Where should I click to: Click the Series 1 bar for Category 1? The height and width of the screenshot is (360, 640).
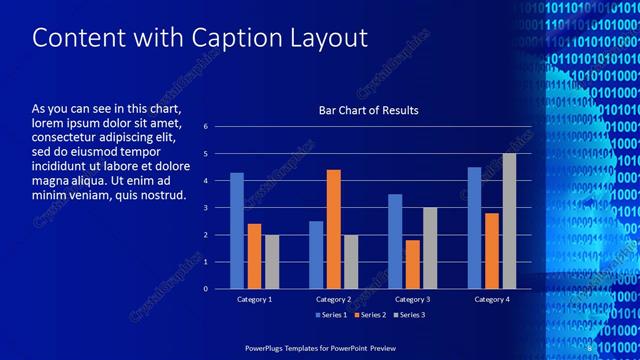point(237,231)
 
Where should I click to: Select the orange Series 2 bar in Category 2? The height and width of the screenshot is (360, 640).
point(333,229)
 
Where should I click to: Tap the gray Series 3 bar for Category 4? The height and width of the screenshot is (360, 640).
point(509,221)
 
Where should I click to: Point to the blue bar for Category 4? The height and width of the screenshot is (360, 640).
point(474,228)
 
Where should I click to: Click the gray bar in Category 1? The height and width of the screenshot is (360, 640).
point(272,262)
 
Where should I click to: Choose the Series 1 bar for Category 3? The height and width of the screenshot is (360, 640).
point(395,241)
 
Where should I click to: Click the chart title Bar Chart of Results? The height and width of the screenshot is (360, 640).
point(368,110)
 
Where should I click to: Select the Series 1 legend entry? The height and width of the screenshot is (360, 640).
point(331,315)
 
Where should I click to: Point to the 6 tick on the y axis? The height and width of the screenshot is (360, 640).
point(205,127)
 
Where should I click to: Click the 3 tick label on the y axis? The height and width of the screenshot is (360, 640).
point(205,208)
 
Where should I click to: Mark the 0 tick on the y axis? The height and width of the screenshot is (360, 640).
point(205,289)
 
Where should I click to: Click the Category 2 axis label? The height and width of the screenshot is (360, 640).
point(333,299)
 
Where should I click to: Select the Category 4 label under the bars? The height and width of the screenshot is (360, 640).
point(491,299)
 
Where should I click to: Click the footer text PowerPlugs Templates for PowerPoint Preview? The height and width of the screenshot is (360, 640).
point(320,347)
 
